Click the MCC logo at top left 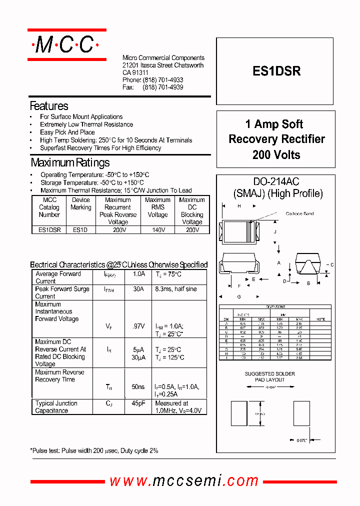pyautogui.click(x=66, y=45)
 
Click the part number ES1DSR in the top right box pyautogui.click(x=276, y=71)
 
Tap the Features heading pyautogui.click(x=49, y=106)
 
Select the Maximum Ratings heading pyautogui.click(x=70, y=162)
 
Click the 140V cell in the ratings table pyautogui.click(x=157, y=230)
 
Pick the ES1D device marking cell pyautogui.click(x=80, y=230)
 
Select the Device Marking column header pyautogui.click(x=81, y=203)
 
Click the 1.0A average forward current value pyautogui.click(x=138, y=274)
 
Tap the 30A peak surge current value pyautogui.click(x=138, y=289)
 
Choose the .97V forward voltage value pyautogui.click(x=138, y=326)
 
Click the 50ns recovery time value pyautogui.click(x=138, y=387)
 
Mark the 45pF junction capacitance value pyautogui.click(x=138, y=403)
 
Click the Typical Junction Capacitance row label pyautogui.click(x=56, y=407)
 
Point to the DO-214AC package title pyautogui.click(x=276, y=182)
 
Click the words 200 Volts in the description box pyautogui.click(x=276, y=155)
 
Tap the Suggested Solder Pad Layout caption pyautogui.click(x=269, y=376)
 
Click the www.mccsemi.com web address pyautogui.click(x=184, y=481)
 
